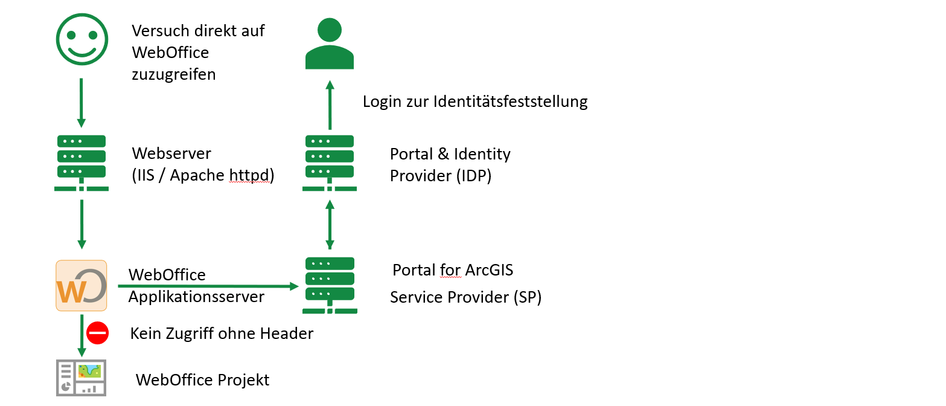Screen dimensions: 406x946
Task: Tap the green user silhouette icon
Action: point(329,43)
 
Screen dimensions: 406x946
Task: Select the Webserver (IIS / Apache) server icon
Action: point(81,163)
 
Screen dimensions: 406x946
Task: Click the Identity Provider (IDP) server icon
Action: point(330,163)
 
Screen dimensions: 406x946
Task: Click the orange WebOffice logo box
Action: point(81,286)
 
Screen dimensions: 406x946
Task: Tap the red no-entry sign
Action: point(97,332)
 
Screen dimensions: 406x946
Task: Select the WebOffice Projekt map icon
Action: point(81,378)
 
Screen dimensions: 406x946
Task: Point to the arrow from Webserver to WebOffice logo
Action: point(81,224)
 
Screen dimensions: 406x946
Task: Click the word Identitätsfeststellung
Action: point(511,101)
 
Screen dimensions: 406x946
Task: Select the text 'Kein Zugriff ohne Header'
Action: point(222,333)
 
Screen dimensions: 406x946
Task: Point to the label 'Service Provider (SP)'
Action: point(465,297)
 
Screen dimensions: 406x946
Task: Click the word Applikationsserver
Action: point(196,297)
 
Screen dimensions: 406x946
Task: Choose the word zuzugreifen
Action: point(173,75)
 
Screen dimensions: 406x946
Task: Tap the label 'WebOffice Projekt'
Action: point(202,380)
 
